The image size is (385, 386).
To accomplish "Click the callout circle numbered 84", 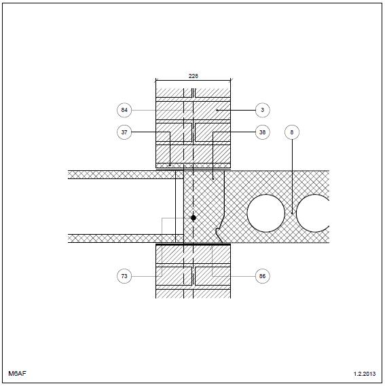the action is (124, 110).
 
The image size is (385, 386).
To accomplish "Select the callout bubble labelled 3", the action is (262, 110).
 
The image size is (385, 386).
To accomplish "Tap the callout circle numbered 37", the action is (124, 132).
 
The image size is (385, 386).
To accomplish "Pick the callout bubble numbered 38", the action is (262, 132).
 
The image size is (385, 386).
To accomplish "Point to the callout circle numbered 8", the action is (292, 132).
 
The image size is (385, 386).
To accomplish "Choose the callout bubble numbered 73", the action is (124, 276).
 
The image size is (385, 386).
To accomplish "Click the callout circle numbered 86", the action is (262, 276).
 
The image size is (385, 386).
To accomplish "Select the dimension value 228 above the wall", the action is (194, 76).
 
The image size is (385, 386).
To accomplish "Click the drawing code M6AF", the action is (17, 373).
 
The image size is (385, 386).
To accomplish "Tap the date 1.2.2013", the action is (365, 374).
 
